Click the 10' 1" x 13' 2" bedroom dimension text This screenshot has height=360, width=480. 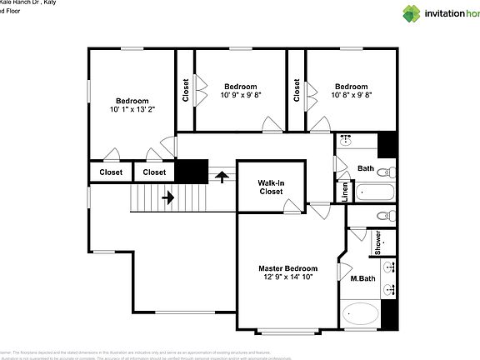pyautogui.click(x=132, y=109)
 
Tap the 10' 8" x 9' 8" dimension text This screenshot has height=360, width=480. pyautogui.click(x=351, y=96)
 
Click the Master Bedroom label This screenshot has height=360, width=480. pyautogui.click(x=287, y=268)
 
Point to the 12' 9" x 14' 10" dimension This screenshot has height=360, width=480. pyautogui.click(x=287, y=278)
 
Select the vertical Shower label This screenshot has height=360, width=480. pyautogui.click(x=377, y=242)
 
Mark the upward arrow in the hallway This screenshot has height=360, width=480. pyautogui.click(x=222, y=177)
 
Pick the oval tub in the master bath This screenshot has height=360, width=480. pyautogui.click(x=360, y=316)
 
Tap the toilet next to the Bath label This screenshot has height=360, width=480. pyautogui.click(x=384, y=172)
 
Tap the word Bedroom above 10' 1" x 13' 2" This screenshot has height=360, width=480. pyautogui.click(x=132, y=99)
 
